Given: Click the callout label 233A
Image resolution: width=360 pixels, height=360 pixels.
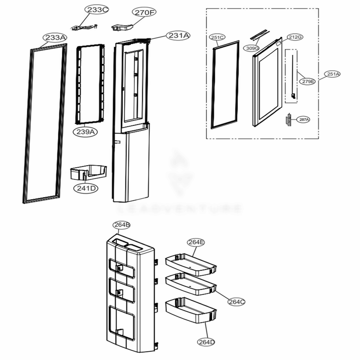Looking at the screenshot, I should pyautogui.click(x=55, y=37).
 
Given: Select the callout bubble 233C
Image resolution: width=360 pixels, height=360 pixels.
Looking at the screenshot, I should pyautogui.click(x=96, y=10).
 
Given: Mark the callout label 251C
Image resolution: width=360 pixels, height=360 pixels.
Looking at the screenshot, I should pyautogui.click(x=217, y=37).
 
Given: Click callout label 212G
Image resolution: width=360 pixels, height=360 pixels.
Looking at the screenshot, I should pyautogui.click(x=294, y=37).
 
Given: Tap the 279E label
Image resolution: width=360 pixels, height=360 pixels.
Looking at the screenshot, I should pyautogui.click(x=308, y=81).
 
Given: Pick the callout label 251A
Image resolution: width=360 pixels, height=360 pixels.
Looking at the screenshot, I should pyautogui.click(x=333, y=74).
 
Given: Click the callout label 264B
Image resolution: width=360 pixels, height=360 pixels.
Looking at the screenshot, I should pyautogui.click(x=122, y=225).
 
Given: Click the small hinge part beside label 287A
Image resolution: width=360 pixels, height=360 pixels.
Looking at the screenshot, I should pyautogui.click(x=288, y=120).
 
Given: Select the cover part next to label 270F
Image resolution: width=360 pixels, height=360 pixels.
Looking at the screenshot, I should pyautogui.click(x=122, y=27).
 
